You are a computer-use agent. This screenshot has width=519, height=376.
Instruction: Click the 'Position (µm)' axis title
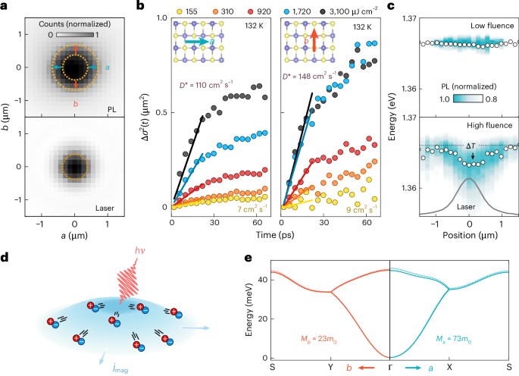coord(470,234)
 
